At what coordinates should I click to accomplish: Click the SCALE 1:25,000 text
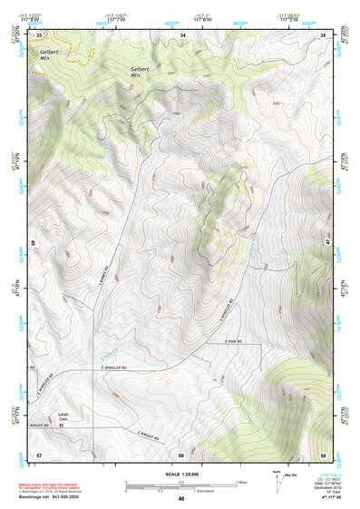180,474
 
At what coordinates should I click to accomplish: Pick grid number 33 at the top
39,34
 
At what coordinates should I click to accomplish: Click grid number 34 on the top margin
183,34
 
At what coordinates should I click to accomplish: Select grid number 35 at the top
324,34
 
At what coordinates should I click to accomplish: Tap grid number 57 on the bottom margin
38,453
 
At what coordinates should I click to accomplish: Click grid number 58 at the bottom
181,453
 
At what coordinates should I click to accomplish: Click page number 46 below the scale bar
181,499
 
